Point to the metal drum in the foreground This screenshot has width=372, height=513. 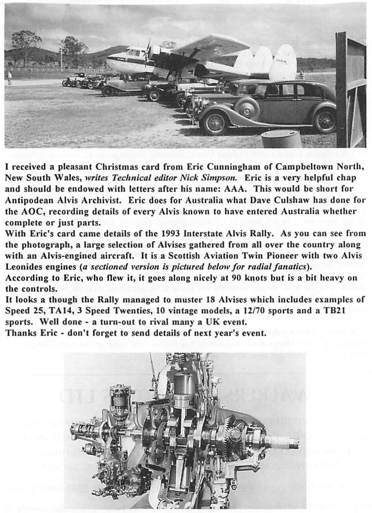[x=281, y=138]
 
